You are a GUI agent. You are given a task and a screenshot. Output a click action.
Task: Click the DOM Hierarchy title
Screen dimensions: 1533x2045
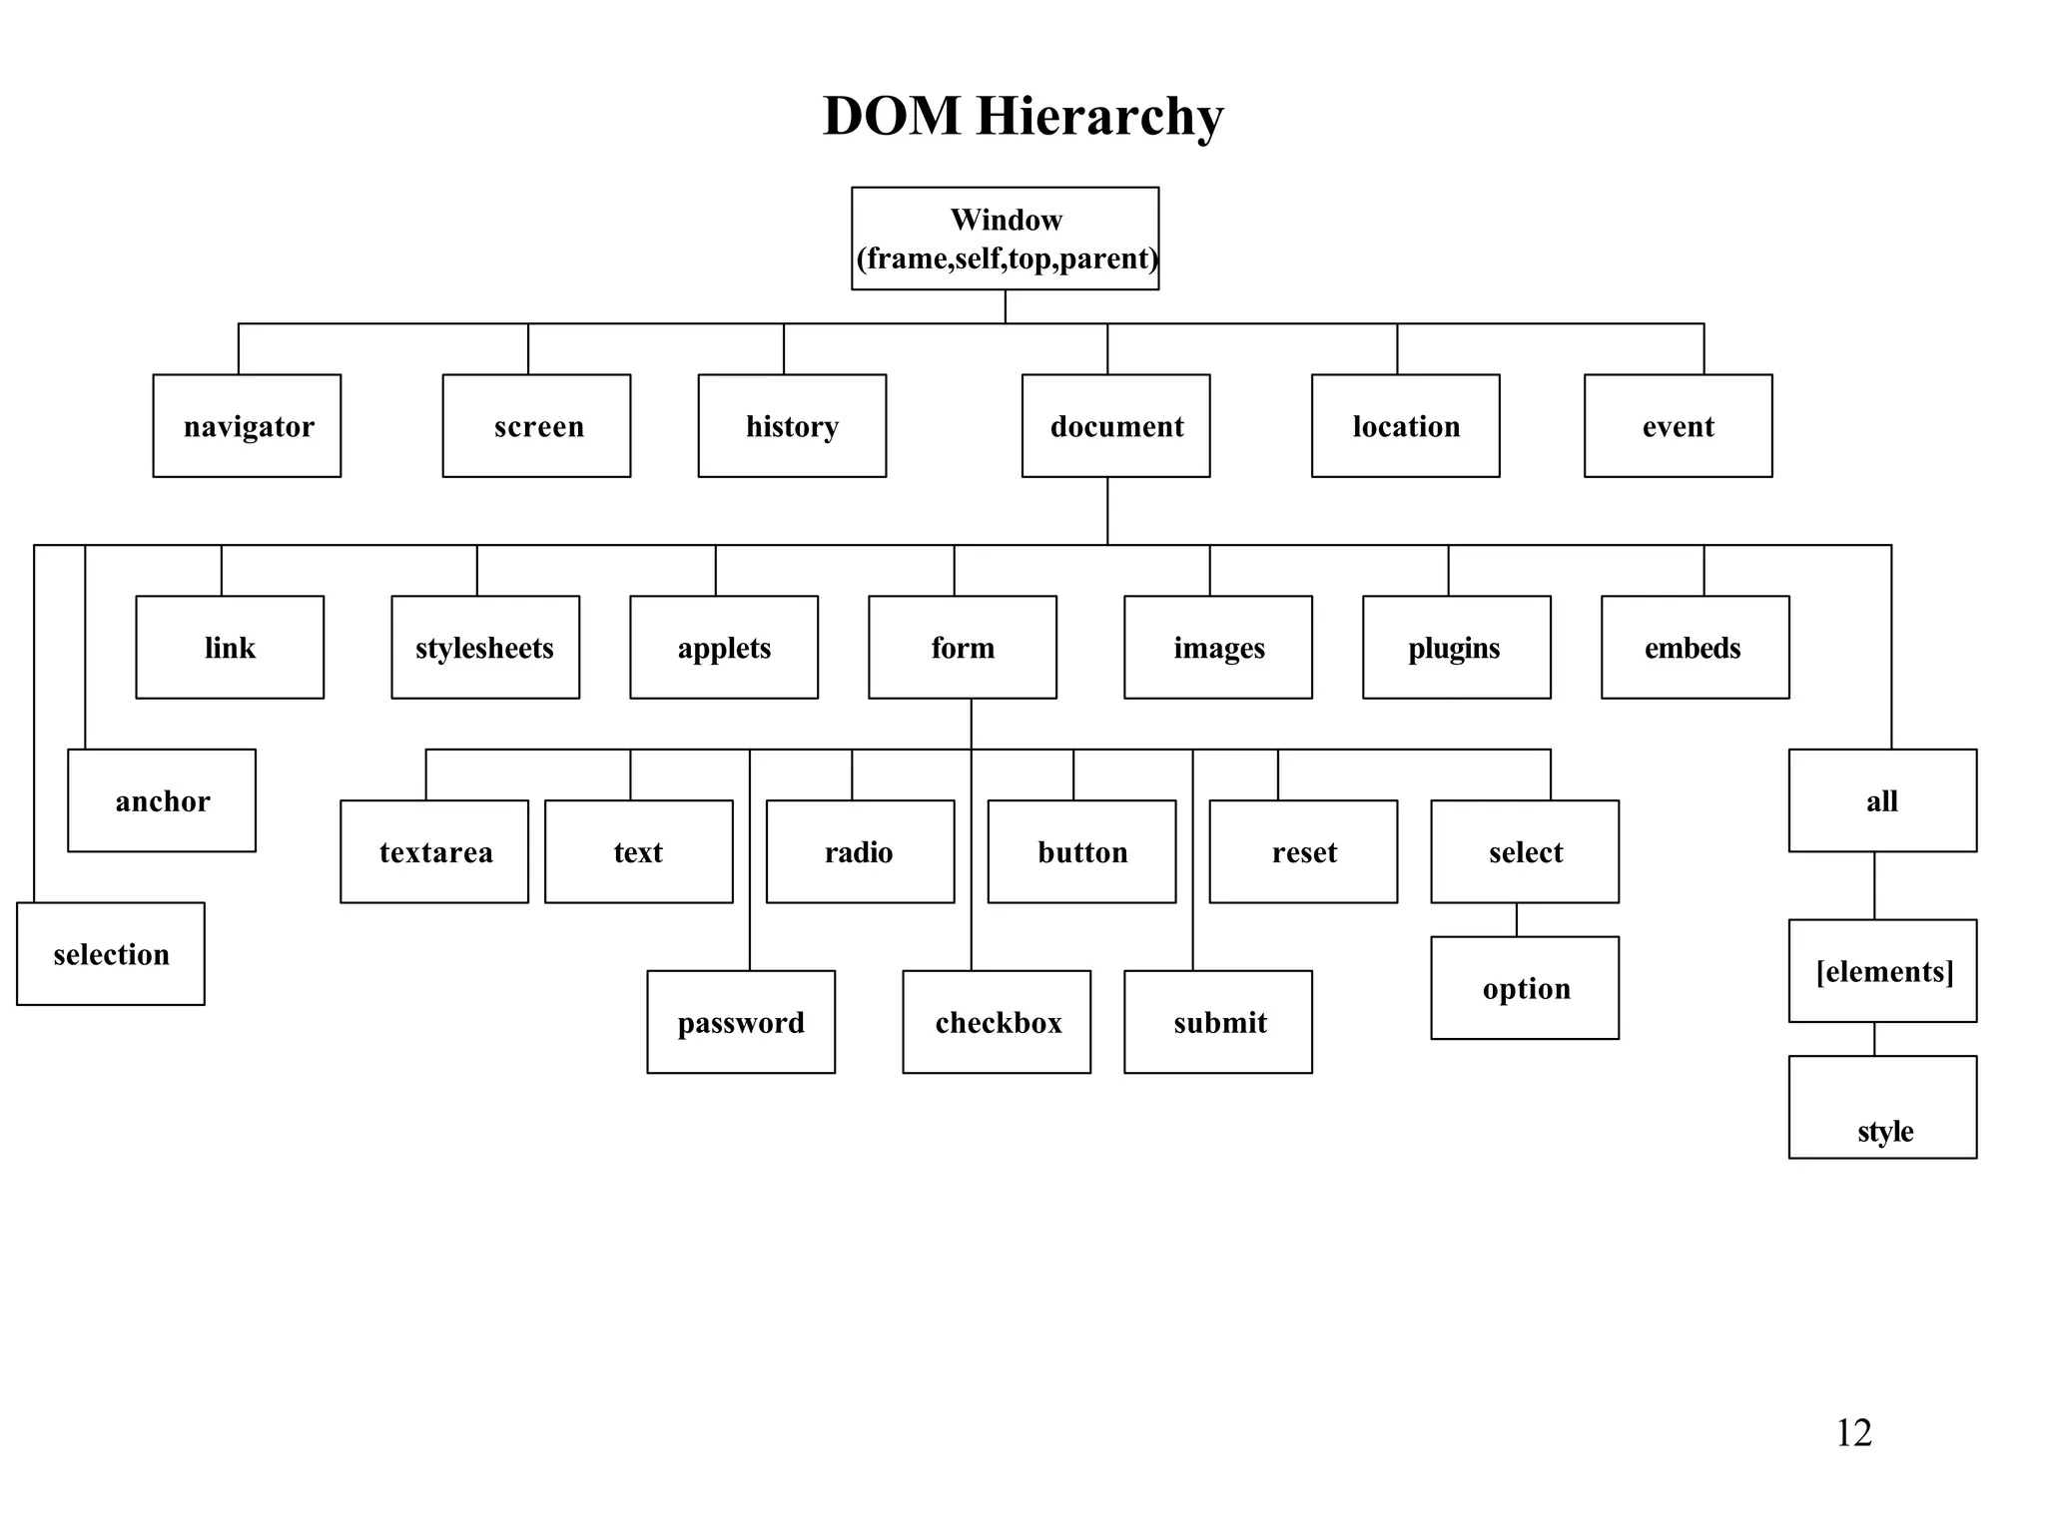(1022, 117)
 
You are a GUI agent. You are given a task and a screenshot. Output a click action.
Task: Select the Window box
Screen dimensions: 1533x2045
(1005, 239)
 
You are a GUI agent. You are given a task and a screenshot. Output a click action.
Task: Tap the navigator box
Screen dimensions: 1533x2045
(247, 426)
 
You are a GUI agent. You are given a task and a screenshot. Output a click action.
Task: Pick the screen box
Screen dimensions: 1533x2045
(536, 426)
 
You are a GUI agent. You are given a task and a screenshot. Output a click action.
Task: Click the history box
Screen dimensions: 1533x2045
(792, 426)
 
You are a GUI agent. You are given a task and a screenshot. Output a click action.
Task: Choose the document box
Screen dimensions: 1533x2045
(1115, 426)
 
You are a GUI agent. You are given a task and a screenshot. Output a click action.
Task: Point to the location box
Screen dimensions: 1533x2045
(1405, 426)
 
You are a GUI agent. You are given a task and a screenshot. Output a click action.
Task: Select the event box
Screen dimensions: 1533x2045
(1678, 426)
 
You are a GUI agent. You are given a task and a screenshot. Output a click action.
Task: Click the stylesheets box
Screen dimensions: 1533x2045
(485, 648)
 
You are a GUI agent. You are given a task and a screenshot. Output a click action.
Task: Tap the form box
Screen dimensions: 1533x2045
(963, 648)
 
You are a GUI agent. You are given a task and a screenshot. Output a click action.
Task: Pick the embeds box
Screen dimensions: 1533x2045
(1695, 648)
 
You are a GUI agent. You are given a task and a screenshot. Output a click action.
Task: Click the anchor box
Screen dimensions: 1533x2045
(162, 800)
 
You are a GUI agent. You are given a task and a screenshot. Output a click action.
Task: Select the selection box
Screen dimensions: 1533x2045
(111, 954)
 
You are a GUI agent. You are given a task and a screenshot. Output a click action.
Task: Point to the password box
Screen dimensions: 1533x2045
(741, 1022)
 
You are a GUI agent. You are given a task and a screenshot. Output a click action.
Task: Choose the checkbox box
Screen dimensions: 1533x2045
(997, 1022)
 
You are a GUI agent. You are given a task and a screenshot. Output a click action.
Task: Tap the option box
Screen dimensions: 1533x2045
(1525, 988)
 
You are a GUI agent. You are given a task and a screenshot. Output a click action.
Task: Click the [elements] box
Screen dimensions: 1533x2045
(1882, 971)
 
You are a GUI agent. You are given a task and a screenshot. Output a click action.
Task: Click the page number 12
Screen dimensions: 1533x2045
(1853, 1433)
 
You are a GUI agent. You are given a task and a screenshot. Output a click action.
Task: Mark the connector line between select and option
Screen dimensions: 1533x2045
(1517, 919)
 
